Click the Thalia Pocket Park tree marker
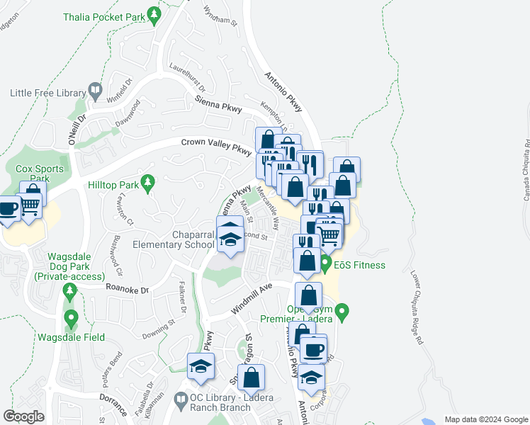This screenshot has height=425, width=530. (x=153, y=16)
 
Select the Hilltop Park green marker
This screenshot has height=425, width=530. (x=147, y=184)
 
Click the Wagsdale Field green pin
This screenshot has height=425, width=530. (x=70, y=317)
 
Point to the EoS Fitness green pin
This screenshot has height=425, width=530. (x=326, y=265)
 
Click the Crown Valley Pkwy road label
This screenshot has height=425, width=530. (x=216, y=146)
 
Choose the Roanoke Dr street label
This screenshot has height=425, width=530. (x=127, y=289)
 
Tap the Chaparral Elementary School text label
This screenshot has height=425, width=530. (x=174, y=240)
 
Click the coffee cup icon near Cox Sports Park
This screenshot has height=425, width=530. (x=9, y=209)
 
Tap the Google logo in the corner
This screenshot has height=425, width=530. (x=24, y=416)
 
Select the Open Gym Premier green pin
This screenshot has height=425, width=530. (x=342, y=311)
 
